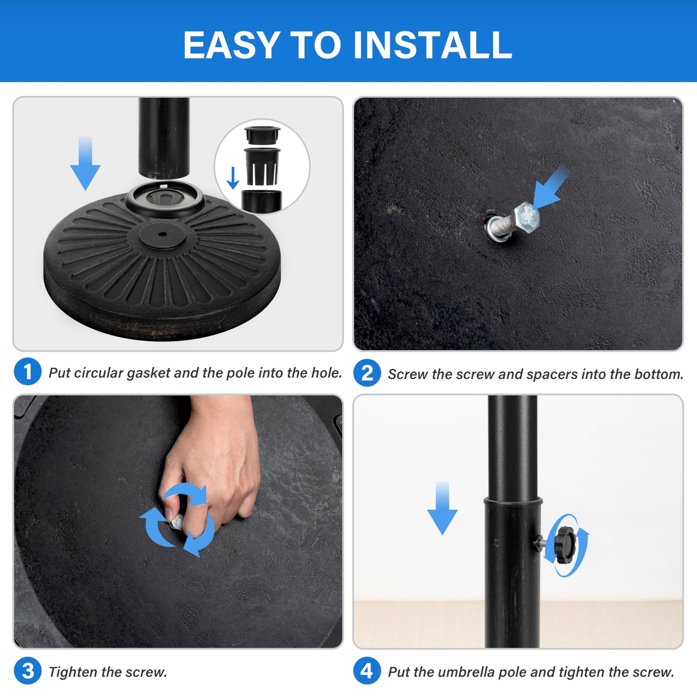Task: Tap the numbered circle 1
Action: [x=27, y=371]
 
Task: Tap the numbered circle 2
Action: [x=367, y=373]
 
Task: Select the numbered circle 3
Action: [x=27, y=671]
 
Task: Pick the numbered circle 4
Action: [x=367, y=671]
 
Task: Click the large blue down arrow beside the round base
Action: [x=85, y=163]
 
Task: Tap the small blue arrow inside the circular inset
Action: [x=233, y=177]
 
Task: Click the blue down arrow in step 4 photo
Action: [x=442, y=508]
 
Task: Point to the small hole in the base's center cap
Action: [x=162, y=234]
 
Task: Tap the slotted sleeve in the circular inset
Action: [x=262, y=165]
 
